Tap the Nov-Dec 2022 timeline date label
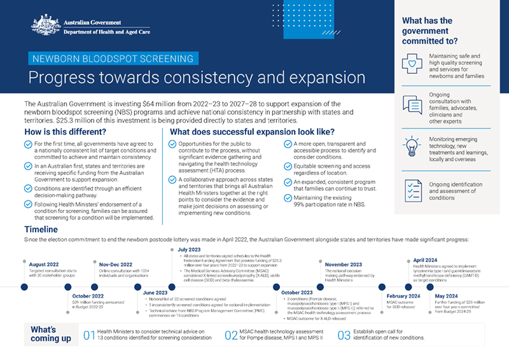click(x=116, y=263)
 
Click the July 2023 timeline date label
click(x=190, y=249)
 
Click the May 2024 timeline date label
click(x=447, y=296)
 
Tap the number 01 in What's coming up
click(x=89, y=335)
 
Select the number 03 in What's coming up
click(x=344, y=335)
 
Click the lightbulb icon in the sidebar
click(x=412, y=145)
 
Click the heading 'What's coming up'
click(x=51, y=335)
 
